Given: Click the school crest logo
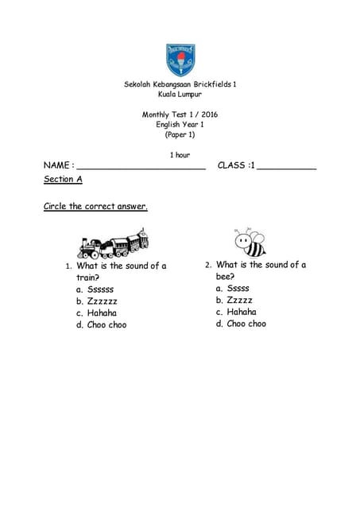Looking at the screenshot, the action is point(180,58).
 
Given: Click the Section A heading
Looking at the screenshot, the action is point(63,180).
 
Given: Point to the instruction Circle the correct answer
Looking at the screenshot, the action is point(95,207).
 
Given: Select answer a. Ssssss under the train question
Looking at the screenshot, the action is point(95,289).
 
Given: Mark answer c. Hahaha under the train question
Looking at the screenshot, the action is point(96,313).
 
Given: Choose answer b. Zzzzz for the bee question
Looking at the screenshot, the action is point(234,301).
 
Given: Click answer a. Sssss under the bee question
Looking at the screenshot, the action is point(233,289).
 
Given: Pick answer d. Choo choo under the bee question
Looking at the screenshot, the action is point(241,324).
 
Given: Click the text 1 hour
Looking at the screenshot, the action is point(180,154).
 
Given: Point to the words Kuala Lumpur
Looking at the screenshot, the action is point(180,95).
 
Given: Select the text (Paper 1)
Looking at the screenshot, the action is point(180,134).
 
